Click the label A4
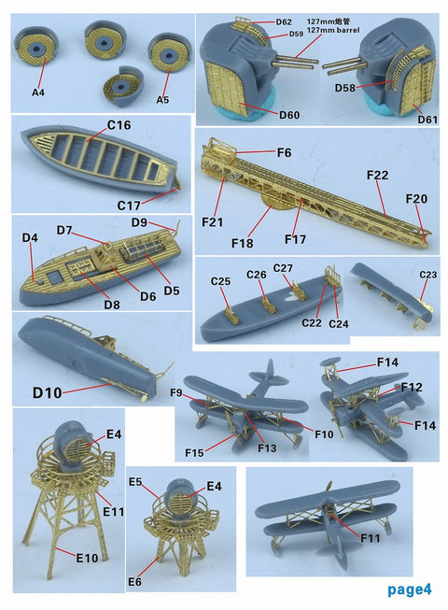tap(37, 92)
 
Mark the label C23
tap(427, 275)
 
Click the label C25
tap(220, 281)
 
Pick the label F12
tap(412, 386)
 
